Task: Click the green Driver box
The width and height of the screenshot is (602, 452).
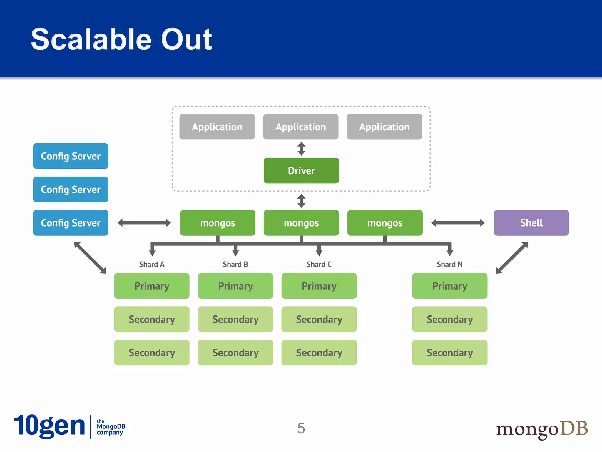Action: [x=301, y=171]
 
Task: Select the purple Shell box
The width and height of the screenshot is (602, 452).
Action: [x=531, y=223]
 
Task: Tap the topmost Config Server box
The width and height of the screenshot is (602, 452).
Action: [x=71, y=156]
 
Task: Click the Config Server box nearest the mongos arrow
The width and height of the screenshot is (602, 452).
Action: [x=71, y=223]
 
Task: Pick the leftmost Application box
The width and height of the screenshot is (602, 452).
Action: [x=217, y=127]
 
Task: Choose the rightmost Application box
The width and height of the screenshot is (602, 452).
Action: [x=384, y=127]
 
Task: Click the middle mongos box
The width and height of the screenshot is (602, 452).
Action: [x=301, y=223]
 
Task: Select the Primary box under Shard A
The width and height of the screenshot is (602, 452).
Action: [x=152, y=286]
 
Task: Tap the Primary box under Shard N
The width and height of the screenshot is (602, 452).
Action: [x=449, y=286]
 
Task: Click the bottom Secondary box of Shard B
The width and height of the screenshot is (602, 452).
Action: [x=235, y=353]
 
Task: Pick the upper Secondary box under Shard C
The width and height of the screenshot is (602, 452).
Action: [x=319, y=319]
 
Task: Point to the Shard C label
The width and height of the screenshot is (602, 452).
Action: [x=319, y=264]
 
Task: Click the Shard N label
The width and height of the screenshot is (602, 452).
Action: [x=449, y=264]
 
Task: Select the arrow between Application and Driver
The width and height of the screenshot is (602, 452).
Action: [x=301, y=149]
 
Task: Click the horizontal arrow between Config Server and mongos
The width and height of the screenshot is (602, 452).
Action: [x=144, y=223]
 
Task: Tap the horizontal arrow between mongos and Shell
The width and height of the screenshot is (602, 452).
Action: [x=458, y=223]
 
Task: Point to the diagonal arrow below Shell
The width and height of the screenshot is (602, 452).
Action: [x=512, y=258]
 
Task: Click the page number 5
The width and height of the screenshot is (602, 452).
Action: [x=301, y=428]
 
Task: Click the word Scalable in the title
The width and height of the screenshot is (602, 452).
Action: [x=91, y=39]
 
